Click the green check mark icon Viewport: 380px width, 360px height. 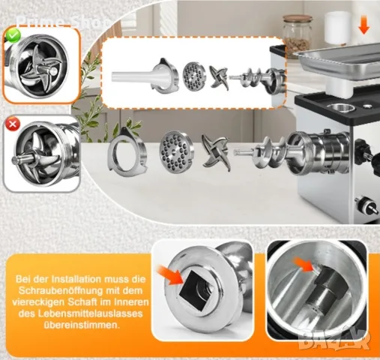[13, 35]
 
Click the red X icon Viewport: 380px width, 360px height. [13, 124]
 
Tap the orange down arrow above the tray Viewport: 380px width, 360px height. [364, 25]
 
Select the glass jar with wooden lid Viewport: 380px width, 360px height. [298, 33]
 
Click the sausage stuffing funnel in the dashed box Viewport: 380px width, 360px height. [145, 74]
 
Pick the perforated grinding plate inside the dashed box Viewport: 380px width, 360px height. [194, 75]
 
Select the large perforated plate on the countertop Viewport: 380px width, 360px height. [177, 148]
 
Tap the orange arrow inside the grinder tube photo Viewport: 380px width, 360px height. [304, 264]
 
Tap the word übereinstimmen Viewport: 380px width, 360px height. [80, 325]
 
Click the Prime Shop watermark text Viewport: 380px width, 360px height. [62, 22]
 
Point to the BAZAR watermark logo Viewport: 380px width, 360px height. [334, 340]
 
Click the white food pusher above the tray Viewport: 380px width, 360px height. [337, 28]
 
